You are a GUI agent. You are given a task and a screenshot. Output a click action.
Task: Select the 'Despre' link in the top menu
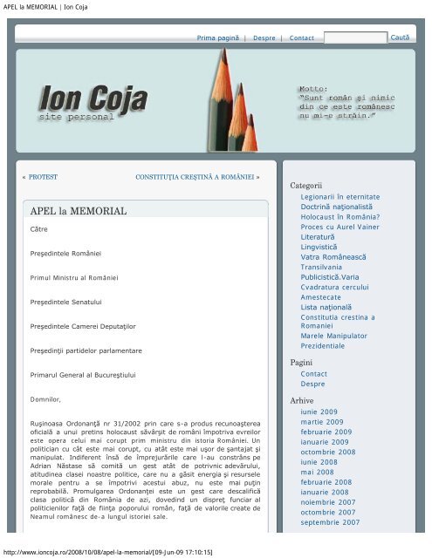[264, 39]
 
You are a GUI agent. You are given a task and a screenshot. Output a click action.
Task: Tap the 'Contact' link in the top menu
[301, 39]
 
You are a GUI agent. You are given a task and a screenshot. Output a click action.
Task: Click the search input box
[355, 38]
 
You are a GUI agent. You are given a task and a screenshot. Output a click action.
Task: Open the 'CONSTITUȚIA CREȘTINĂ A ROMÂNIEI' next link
[197, 176]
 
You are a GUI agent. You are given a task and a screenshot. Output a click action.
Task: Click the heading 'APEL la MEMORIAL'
[79, 211]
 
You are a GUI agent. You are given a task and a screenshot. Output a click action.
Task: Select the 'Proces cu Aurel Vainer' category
[335, 227]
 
